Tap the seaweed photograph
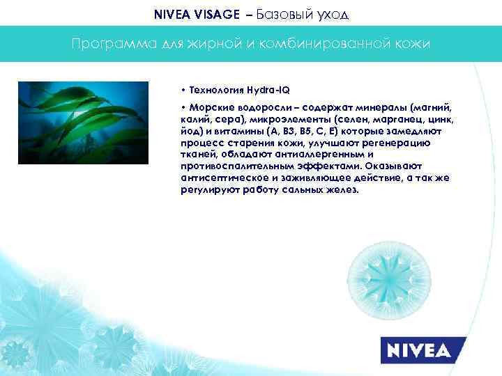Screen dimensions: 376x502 pyautogui.click(x=93, y=123)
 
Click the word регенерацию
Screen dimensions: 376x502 pyautogui.click(x=398, y=143)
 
